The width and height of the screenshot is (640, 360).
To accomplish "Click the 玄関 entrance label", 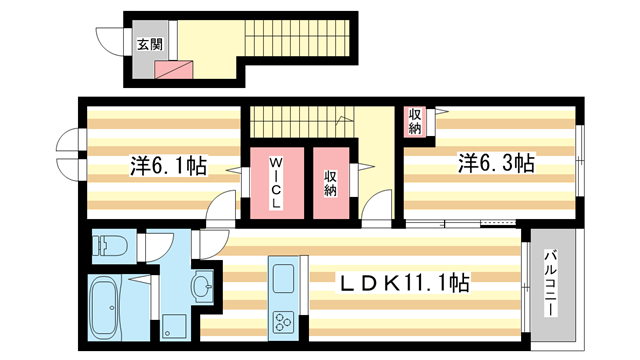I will point(148,44).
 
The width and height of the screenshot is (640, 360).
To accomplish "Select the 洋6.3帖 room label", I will point(496,162).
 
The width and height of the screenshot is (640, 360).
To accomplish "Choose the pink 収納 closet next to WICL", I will point(330,184).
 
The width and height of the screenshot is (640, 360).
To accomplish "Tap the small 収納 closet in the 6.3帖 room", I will point(414,122).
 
